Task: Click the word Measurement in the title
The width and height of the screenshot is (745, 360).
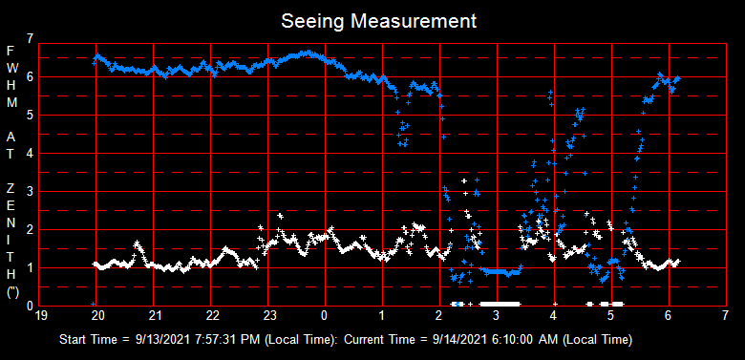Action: pyautogui.click(x=413, y=20)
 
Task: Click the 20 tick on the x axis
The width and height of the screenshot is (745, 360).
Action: pyautogui.click(x=97, y=315)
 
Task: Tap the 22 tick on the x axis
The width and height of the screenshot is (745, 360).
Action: pyautogui.click(x=212, y=315)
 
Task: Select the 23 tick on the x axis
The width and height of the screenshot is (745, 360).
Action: pyautogui.click(x=269, y=315)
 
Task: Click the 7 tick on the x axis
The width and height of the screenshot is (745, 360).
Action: pyautogui.click(x=726, y=315)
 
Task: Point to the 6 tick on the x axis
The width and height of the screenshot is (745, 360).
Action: pyautogui.click(x=669, y=315)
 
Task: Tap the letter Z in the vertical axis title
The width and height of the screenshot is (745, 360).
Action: pyautogui.click(x=11, y=186)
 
